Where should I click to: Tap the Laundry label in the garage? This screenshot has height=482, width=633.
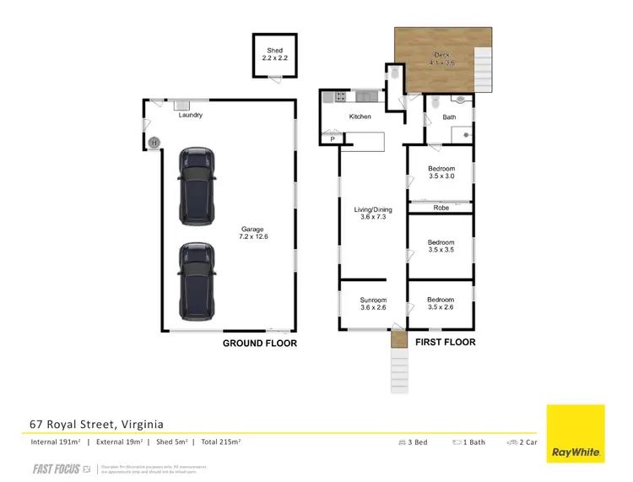(x=190, y=116)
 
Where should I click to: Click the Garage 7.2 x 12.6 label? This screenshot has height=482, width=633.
(x=252, y=233)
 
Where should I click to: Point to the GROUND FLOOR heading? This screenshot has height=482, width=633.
(x=259, y=344)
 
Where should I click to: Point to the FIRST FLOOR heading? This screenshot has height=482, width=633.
(x=445, y=343)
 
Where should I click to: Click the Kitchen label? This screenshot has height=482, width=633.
(x=360, y=116)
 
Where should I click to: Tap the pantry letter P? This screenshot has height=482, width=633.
(x=332, y=139)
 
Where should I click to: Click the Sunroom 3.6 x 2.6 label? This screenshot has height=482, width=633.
(x=372, y=304)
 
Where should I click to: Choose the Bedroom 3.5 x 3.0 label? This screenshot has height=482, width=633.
(x=441, y=173)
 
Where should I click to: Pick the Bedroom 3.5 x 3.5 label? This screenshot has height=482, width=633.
(x=441, y=244)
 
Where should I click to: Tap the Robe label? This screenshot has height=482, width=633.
(x=441, y=207)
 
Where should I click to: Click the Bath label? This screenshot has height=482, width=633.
(x=449, y=117)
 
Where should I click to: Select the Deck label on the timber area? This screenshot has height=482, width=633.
(x=441, y=58)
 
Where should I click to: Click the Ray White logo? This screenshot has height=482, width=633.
(x=576, y=433)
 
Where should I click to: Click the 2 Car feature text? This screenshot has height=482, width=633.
(x=523, y=441)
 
